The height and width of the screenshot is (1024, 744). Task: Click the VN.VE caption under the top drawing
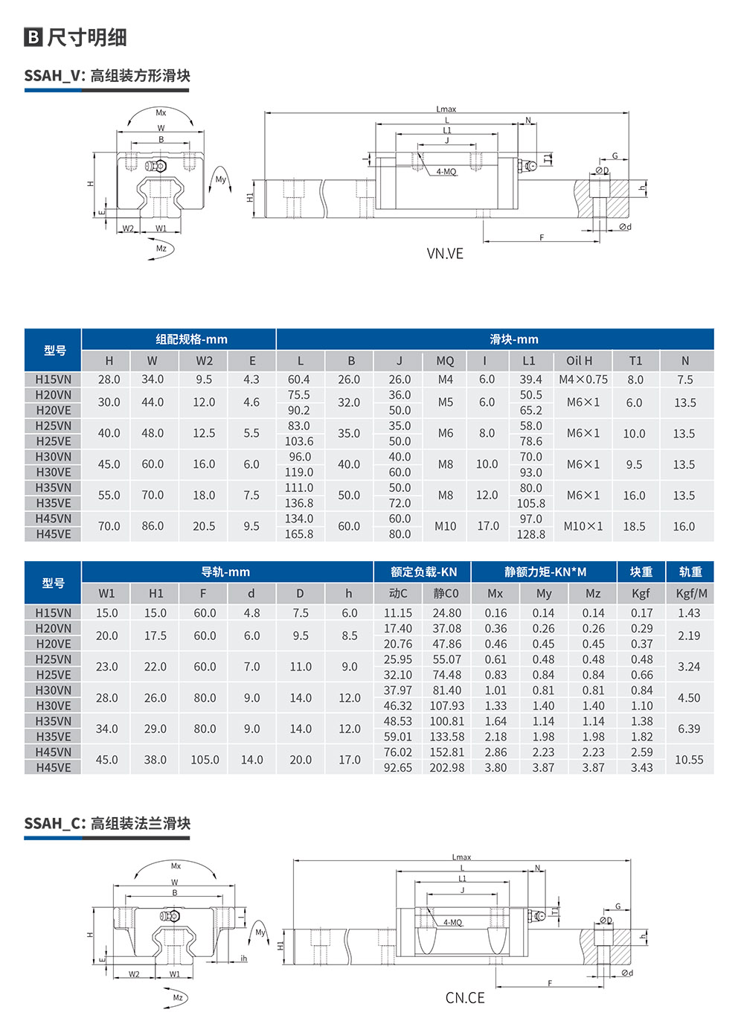point(445,254)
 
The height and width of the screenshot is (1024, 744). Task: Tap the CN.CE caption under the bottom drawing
point(465,998)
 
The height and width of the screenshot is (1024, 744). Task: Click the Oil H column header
point(580,361)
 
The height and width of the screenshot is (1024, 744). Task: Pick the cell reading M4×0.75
point(583,380)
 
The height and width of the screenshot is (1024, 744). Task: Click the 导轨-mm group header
point(225,572)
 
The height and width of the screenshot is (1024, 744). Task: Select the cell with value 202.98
point(446,767)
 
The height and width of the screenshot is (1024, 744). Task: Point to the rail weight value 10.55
point(689,760)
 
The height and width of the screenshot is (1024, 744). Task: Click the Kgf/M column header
point(691,594)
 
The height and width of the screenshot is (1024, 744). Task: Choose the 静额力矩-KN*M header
point(545,572)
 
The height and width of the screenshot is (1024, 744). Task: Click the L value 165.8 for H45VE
point(299,534)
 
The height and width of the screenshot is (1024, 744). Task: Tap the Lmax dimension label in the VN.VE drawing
point(446,109)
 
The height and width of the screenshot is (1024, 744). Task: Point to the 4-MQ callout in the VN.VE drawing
point(446,172)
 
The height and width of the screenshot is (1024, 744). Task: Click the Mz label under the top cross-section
point(161,249)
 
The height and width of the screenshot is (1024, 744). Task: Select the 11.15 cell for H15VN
point(398,613)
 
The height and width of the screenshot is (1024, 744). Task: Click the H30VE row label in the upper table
point(54,472)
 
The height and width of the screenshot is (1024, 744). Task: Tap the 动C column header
point(398,594)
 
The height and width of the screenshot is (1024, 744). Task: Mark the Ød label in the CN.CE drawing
point(627,973)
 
